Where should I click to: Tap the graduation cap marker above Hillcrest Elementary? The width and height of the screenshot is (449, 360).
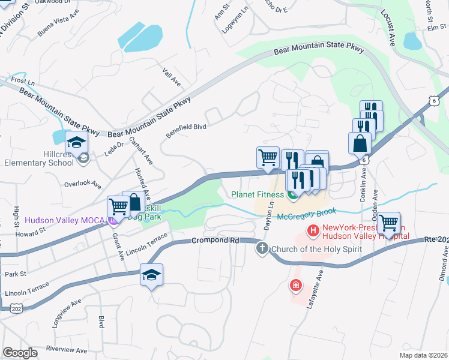[77, 143]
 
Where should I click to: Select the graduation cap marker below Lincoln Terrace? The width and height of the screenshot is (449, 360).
[152, 275]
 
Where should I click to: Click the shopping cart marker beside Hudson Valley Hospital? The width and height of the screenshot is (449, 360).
[389, 223]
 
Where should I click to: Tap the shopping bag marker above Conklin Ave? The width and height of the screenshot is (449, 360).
[359, 144]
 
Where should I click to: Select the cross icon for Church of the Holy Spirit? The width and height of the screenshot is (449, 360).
[261, 248]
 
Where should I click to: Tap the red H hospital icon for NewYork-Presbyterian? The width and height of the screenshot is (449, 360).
[312, 230]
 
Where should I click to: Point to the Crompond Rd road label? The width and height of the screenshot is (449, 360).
[215, 240]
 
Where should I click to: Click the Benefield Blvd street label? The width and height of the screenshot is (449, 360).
[185, 130]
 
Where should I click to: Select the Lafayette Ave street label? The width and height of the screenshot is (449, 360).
[315, 288]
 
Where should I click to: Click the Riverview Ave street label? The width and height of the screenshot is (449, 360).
[66, 350]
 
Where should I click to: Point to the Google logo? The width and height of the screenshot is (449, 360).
[20, 352]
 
